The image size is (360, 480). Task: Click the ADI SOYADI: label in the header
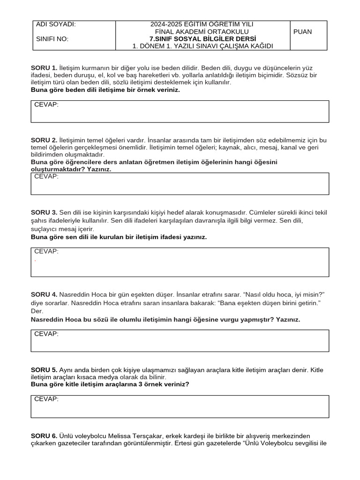pos(56,24)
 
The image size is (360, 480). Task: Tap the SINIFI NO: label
pos(52,39)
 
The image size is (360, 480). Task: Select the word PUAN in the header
pos(302,32)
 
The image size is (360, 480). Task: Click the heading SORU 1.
pos(44,67)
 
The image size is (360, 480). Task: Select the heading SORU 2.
pos(44,140)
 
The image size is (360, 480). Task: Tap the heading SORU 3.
pos(44,212)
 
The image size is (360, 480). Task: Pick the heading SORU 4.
pos(44,294)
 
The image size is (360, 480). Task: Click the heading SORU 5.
pos(44,370)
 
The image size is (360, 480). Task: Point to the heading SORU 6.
pos(44,436)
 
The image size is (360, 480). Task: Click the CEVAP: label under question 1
pos(46,105)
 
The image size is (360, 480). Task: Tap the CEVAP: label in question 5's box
pos(46,399)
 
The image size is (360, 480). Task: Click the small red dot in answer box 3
pos(35,260)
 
